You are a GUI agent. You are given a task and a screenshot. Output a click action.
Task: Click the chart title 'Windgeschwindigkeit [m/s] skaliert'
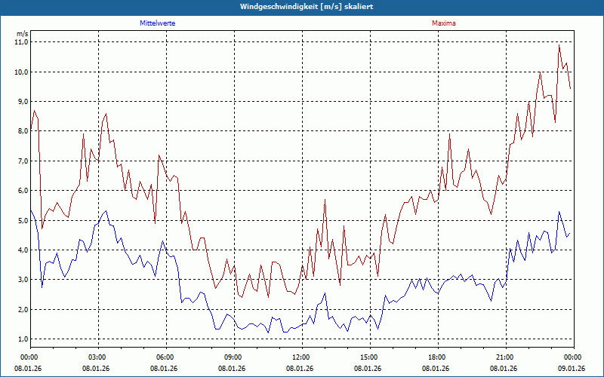point(302,6)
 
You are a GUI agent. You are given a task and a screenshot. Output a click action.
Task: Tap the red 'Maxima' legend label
point(443,23)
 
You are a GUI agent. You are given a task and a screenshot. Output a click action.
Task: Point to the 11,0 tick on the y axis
point(21,42)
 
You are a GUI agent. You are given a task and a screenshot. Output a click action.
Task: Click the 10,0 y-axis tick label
point(21,72)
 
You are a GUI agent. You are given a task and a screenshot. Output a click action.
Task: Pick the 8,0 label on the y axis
point(21,131)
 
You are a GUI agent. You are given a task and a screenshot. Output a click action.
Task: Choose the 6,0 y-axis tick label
point(21,191)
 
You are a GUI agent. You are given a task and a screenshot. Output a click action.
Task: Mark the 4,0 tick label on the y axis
point(21,250)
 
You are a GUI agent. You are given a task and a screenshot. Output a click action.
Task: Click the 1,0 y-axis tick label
point(21,339)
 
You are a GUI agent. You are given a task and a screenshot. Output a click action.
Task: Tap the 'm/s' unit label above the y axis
point(22,33)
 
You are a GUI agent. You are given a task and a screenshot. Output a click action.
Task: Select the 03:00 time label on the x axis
point(97,357)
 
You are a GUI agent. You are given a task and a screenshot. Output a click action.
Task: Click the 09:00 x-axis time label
point(233,357)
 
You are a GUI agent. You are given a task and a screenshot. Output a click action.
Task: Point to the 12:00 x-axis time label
point(301,357)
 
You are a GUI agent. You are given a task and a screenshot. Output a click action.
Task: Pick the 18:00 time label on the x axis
point(437,357)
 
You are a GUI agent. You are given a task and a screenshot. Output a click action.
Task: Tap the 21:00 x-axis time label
point(505,357)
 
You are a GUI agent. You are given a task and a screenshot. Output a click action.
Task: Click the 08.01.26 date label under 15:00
point(369,368)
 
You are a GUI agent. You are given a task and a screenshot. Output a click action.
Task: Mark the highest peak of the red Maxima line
point(559,45)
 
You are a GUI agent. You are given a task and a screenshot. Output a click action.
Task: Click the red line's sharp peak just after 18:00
point(449,134)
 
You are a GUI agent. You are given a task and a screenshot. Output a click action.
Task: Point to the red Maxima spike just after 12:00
point(325,200)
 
